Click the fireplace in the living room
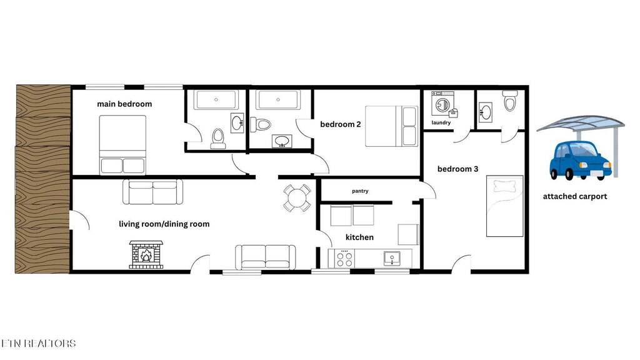pyautogui.click(x=146, y=254)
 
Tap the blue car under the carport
pyautogui.click(x=580, y=161)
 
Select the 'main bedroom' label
pyautogui.click(x=124, y=104)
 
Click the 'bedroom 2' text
pyautogui.click(x=341, y=124)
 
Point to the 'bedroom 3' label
pyautogui.click(x=457, y=169)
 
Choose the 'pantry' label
pyautogui.click(x=360, y=191)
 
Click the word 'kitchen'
pyautogui.click(x=359, y=237)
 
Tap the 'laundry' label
pyautogui.click(x=441, y=122)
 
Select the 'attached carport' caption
pyautogui.click(x=575, y=196)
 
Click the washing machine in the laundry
pyautogui.click(x=443, y=104)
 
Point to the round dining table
pyautogui.click(x=297, y=198)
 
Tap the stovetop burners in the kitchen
pyautogui.click(x=344, y=258)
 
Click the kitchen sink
pyautogui.click(x=392, y=258)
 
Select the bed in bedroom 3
pyautogui.click(x=504, y=206)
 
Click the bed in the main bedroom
pyautogui.click(x=122, y=145)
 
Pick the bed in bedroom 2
pyautogui.click(x=391, y=126)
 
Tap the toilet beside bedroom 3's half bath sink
pyautogui.click(x=510, y=101)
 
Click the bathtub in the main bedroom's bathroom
pyautogui.click(x=216, y=99)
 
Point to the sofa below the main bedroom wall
pyautogui.click(x=152, y=192)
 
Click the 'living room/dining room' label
pyautogui.click(x=164, y=224)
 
